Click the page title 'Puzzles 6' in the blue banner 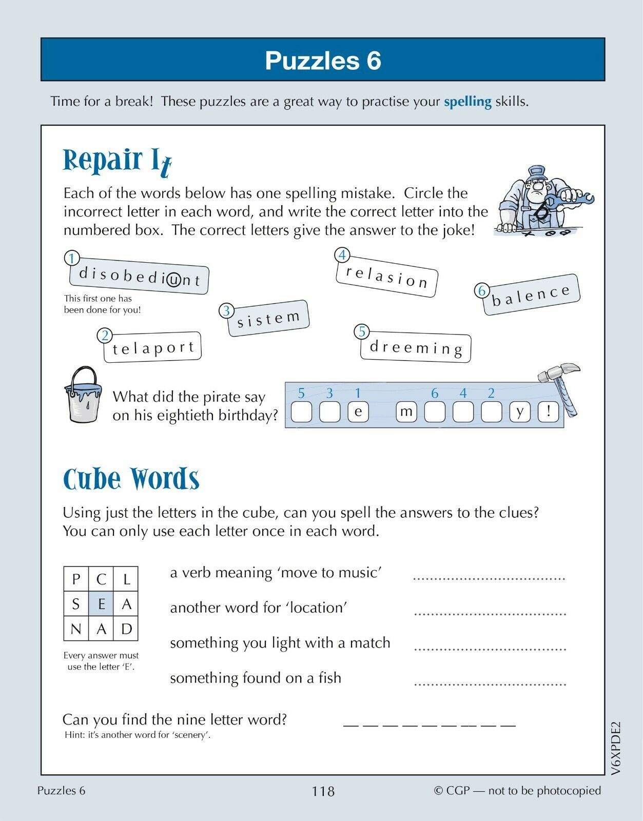323,61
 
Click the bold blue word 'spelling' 467,102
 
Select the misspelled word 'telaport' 153,348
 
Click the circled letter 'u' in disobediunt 174,280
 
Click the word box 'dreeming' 416,347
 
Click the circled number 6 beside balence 482,291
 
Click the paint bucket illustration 83,395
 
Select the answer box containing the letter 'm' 406,412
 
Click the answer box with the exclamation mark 549,412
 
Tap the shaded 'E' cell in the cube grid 102,604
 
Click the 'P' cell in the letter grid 76,579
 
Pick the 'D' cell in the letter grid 126,629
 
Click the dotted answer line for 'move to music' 489,577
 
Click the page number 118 323,791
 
